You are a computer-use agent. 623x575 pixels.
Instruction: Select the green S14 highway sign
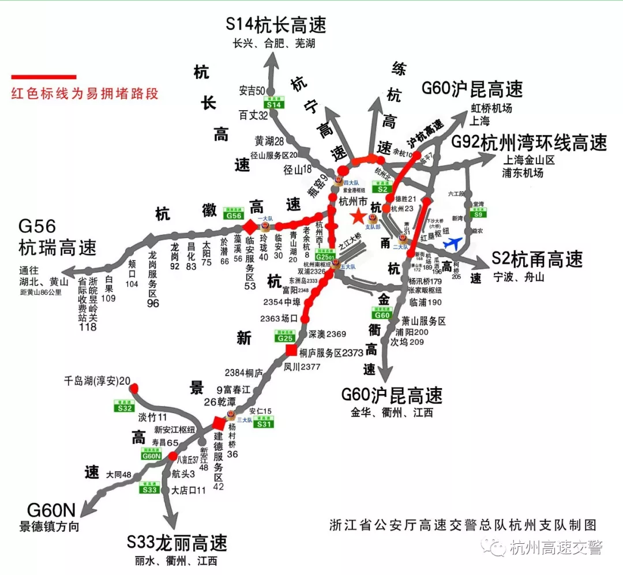tap(273, 104)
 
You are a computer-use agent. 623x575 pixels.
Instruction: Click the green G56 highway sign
tap(234, 215)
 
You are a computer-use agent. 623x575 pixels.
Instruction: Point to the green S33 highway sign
tap(149, 490)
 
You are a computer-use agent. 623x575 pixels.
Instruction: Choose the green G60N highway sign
tap(151, 455)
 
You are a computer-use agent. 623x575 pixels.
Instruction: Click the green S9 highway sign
tap(478, 214)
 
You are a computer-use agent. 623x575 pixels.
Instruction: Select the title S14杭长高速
tap(276, 25)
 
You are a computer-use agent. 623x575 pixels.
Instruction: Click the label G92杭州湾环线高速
tap(529, 142)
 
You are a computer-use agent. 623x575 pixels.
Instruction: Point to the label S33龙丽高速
tap(177, 543)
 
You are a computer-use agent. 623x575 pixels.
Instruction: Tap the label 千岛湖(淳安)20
tap(97, 381)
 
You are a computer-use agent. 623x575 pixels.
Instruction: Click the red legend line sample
tap(44, 77)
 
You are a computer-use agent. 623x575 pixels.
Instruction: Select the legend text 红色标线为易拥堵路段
tap(85, 94)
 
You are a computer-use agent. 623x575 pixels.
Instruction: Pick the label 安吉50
tap(252, 91)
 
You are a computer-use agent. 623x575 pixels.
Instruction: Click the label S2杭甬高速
tap(537, 260)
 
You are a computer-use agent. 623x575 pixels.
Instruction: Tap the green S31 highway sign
tap(264, 424)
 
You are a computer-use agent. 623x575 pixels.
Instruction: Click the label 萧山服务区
tap(424, 321)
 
